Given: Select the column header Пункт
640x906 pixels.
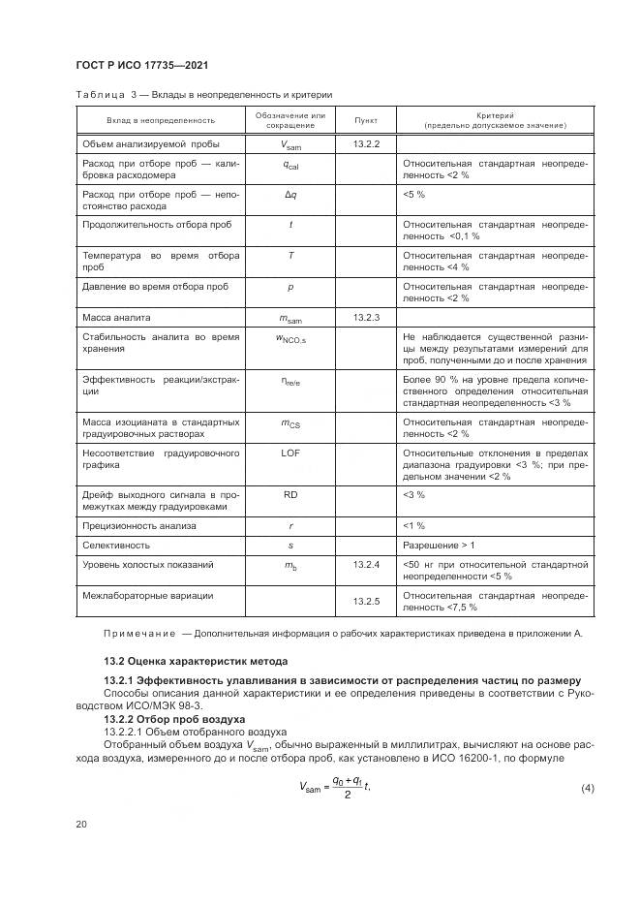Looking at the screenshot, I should tap(366, 121).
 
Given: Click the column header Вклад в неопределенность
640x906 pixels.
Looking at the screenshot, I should tap(161, 121).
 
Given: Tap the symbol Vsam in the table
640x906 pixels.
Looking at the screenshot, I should tap(290, 145).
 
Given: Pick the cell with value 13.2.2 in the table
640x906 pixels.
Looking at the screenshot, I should tap(366, 144).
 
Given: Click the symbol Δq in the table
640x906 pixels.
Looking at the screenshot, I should tap(290, 195).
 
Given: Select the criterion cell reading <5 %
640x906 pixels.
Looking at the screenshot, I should tap(413, 195).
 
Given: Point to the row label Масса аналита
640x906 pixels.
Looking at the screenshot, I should tap(116, 317).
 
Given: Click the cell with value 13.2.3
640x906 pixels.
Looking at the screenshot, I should tap(366, 317).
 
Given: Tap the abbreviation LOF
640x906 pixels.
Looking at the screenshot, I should tap(290, 453).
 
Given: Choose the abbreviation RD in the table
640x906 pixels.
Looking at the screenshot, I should tap(290, 494).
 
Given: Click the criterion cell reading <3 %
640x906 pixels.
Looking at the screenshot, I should tap(413, 494).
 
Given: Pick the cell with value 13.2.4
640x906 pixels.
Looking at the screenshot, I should tap(366, 564).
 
